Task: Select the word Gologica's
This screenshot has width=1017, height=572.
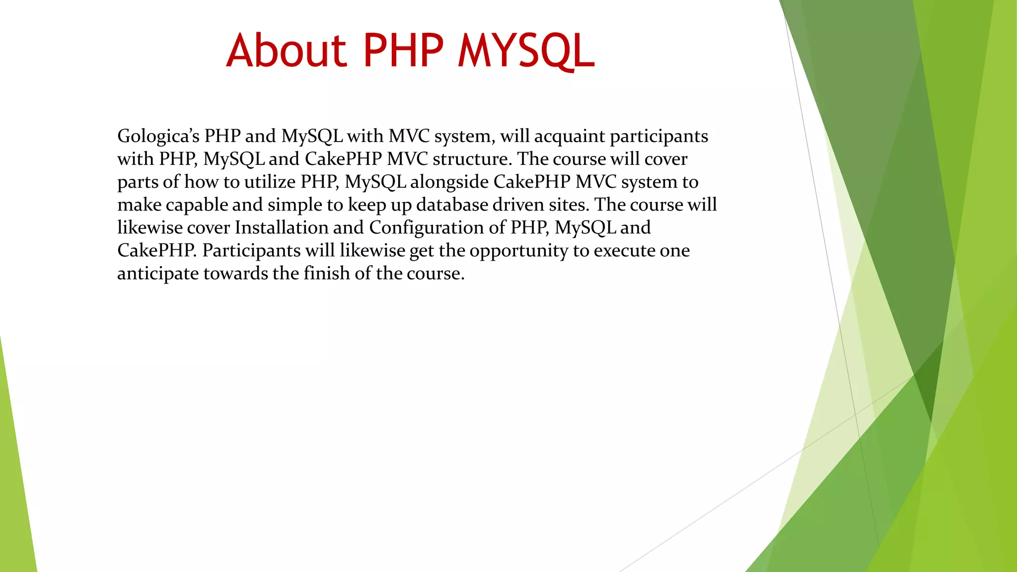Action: [158, 136]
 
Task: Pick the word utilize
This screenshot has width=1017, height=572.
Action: [270, 182]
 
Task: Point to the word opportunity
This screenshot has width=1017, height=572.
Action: [518, 251]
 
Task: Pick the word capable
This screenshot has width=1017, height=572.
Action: [196, 205]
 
